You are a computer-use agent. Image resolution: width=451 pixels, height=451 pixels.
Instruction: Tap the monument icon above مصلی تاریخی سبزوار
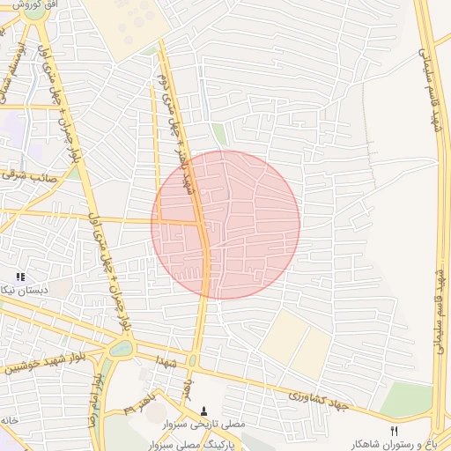click(204, 410)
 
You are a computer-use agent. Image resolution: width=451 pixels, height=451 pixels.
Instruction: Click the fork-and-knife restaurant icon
click(394, 431)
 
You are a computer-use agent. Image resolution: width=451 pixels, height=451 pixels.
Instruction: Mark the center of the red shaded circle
click(225, 225)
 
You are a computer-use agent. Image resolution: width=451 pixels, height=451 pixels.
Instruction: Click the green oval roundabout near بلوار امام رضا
click(122, 348)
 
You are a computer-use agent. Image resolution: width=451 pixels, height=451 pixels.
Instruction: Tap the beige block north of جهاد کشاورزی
click(296, 344)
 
